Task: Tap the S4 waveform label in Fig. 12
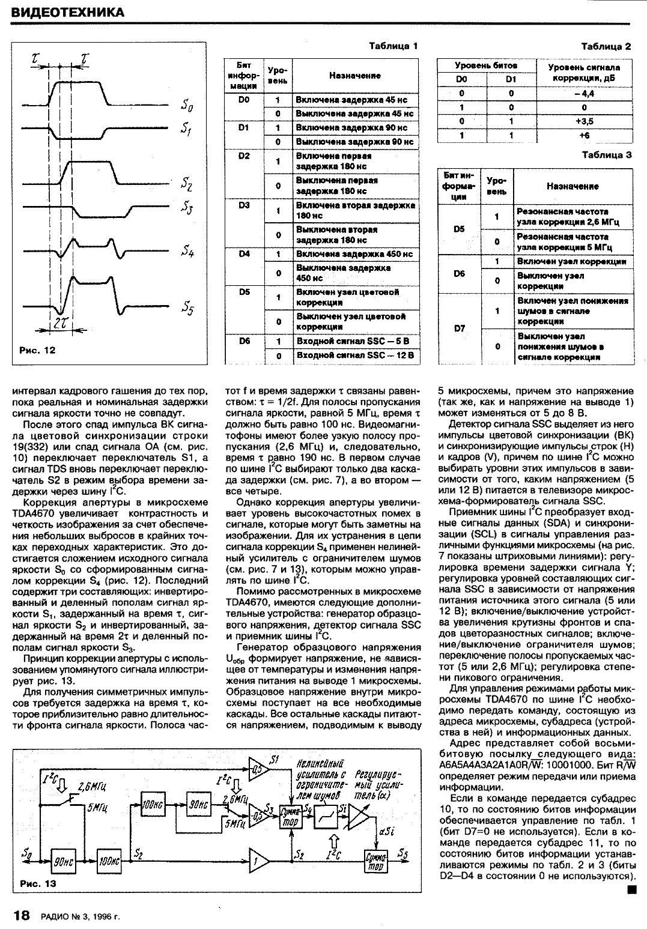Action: coord(187,253)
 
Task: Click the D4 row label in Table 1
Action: coord(243,253)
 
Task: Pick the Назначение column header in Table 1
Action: coord(354,76)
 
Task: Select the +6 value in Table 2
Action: coord(583,136)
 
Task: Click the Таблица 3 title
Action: coord(607,154)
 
